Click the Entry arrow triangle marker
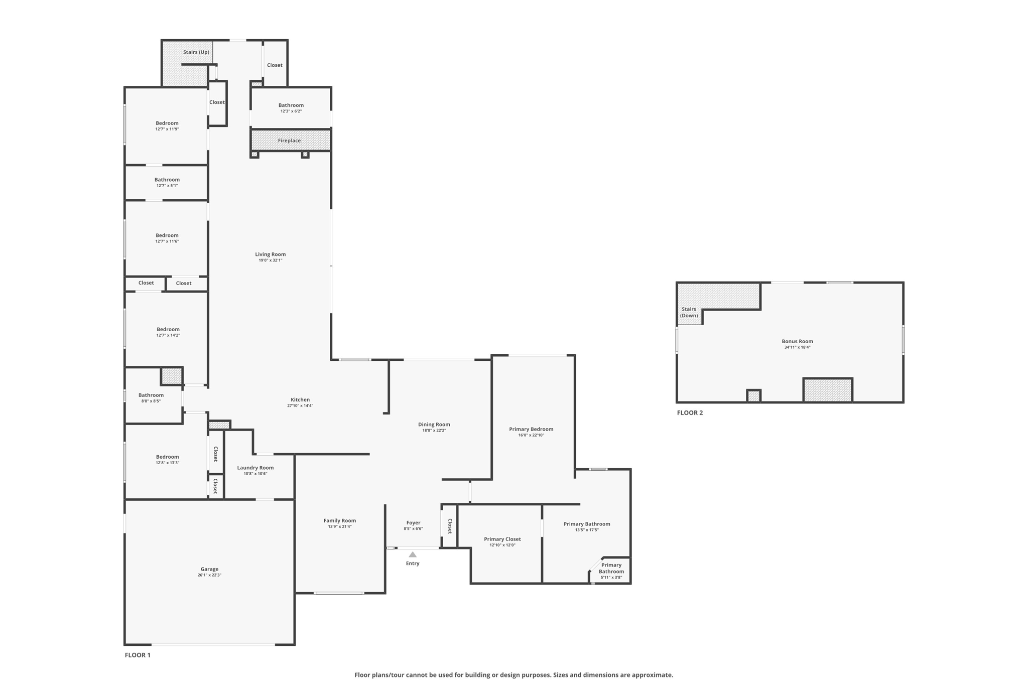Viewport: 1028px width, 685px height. [412, 555]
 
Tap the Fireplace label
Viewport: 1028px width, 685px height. [289, 141]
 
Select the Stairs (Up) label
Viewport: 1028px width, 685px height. [196, 52]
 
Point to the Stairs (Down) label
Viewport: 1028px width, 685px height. [689, 312]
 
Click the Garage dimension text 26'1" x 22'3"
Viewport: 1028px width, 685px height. [209, 575]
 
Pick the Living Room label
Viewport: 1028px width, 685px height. [270, 254]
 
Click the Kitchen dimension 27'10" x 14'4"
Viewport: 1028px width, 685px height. [300, 405]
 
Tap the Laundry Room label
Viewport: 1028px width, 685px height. [255, 468]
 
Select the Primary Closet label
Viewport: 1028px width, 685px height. [502, 539]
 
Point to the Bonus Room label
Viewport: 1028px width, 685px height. [797, 341]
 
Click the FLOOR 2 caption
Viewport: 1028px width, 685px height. [690, 413]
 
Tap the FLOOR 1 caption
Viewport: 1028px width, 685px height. [138, 655]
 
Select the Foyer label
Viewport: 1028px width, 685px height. [413, 523]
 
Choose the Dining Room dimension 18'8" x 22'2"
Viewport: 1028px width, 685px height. [434, 431]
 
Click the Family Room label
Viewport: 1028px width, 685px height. [339, 520]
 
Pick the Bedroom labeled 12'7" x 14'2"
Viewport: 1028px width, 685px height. [168, 329]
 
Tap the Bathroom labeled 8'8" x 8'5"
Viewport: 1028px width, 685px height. [151, 395]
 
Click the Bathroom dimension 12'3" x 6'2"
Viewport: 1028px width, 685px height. [291, 111]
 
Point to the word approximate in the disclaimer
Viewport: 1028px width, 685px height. [654, 675]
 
